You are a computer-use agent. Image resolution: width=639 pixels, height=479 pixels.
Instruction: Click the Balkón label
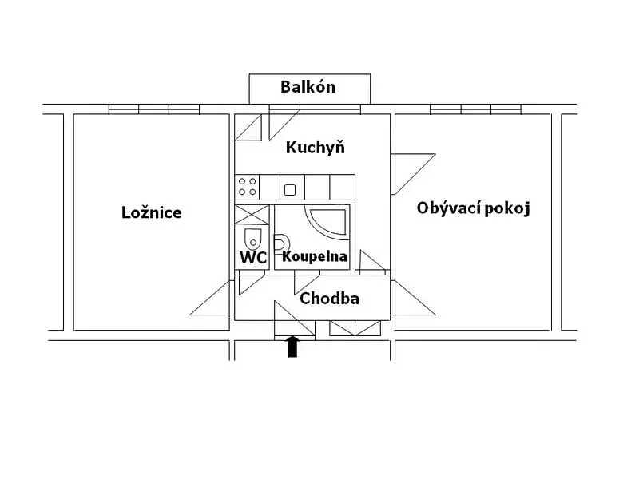pos(308,87)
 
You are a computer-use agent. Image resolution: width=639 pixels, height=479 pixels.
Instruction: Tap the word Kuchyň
pos(315,147)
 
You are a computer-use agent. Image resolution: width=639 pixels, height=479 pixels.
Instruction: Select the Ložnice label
pos(151,212)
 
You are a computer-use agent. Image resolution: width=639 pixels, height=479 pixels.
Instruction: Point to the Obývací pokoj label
pos(473,208)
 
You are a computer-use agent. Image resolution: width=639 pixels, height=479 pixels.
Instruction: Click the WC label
pos(252,257)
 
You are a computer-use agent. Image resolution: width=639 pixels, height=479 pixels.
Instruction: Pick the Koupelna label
pos(315,256)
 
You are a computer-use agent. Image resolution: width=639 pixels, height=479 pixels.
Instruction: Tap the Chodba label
pos(329,299)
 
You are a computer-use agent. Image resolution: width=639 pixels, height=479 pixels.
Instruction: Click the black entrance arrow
pos(292,346)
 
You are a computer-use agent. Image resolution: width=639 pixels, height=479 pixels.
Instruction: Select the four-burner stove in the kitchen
pos(248,187)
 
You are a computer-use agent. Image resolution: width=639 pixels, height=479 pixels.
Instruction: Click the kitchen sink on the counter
pos(290,190)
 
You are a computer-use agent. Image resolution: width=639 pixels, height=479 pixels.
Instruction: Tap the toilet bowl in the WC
pos(252,238)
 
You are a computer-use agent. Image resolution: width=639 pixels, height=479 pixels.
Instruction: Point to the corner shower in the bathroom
pos(327,223)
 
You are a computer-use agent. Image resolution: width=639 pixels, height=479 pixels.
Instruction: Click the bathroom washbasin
pos(280,244)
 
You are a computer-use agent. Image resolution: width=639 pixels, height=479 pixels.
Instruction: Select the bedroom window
pos(154,109)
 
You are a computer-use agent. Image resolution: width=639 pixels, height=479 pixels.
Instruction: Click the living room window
pos(475,109)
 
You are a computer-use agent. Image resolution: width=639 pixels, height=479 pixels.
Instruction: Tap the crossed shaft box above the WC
pos(252,215)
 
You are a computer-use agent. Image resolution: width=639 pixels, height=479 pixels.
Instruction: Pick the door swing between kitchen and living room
pos(413,174)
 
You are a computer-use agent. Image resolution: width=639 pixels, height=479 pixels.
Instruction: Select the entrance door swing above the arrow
pos(295,318)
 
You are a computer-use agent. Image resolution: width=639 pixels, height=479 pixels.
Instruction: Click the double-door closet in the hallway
pos(355,328)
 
